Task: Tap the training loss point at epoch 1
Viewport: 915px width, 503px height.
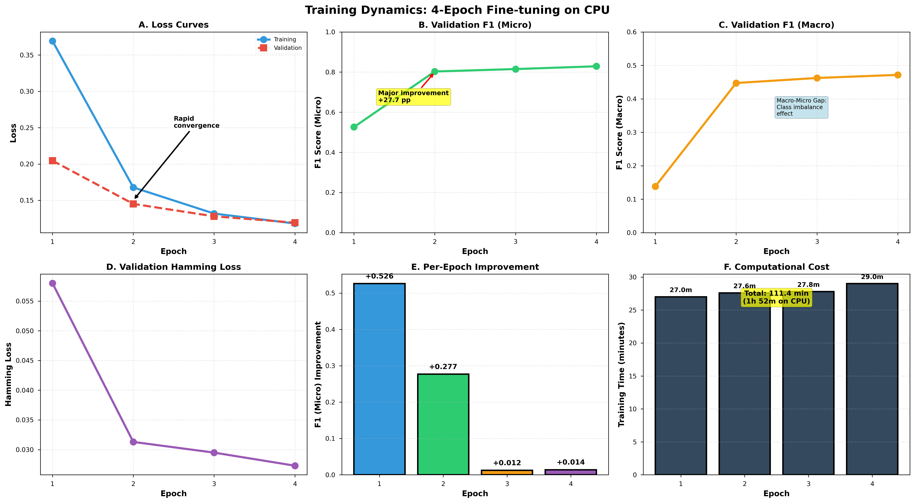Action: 53,41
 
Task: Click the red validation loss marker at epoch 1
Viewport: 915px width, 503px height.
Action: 53,161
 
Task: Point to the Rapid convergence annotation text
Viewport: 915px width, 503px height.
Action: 196,122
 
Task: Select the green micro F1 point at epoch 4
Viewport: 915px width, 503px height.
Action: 596,66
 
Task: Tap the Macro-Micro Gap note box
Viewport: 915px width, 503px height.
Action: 801,107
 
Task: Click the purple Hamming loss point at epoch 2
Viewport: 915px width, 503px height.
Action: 133,442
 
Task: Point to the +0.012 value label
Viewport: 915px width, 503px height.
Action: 507,463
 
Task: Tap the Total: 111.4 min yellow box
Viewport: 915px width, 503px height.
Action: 776,297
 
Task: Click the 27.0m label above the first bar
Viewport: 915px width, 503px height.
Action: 681,290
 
